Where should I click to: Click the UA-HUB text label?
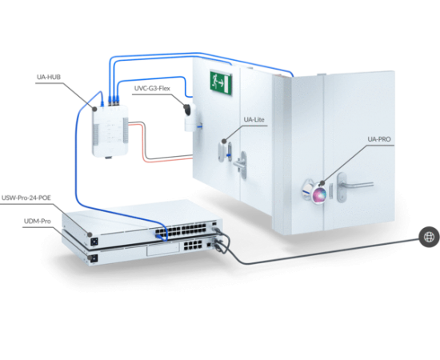(49, 77)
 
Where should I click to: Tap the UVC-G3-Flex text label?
(152, 88)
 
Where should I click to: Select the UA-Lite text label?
(254, 119)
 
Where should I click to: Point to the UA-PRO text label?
(379, 139)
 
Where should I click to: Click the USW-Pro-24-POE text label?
(26, 198)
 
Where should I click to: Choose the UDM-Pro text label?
(38, 221)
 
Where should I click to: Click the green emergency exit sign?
(221, 82)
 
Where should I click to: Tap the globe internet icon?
(429, 237)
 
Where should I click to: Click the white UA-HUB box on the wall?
(110, 130)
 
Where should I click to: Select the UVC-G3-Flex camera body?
(190, 118)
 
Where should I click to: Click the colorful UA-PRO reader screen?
(318, 194)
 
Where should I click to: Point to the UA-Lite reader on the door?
(225, 151)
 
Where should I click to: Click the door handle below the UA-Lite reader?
(242, 165)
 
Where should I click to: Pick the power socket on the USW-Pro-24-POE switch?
(94, 242)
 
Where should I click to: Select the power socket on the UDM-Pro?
(94, 258)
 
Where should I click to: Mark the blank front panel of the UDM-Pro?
(162, 249)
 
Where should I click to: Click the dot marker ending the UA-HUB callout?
(95, 109)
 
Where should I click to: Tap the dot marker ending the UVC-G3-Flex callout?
(186, 106)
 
